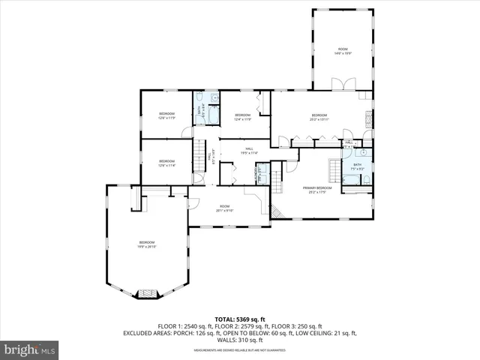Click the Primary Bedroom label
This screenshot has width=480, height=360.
pyautogui.click(x=317, y=189)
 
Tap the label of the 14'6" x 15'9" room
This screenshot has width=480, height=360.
pyautogui.click(x=343, y=51)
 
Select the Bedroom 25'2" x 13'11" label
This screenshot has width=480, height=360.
pyautogui.click(x=319, y=117)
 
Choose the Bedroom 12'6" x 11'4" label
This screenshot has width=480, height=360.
pyautogui.click(x=166, y=163)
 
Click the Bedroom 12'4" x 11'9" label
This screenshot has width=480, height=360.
pyautogui.click(x=242, y=117)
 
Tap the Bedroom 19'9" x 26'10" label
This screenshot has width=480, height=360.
pyautogui.click(x=146, y=244)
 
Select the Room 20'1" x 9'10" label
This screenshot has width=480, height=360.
pyautogui.click(x=224, y=208)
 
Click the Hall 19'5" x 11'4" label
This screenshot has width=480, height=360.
pyautogui.click(x=249, y=151)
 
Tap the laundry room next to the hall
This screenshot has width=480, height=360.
pyautogui.click(x=259, y=174)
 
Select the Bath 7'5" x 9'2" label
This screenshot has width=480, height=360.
pyautogui.click(x=358, y=167)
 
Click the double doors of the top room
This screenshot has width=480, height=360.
pyautogui.click(x=342, y=84)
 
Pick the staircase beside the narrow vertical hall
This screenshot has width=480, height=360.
pyautogui.click(x=199, y=156)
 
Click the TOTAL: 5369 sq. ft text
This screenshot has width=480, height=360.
pyautogui.click(x=240, y=319)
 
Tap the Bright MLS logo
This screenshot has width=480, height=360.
pyautogui.click(x=29, y=349)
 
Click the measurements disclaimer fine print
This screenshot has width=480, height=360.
pyautogui.click(x=240, y=350)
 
